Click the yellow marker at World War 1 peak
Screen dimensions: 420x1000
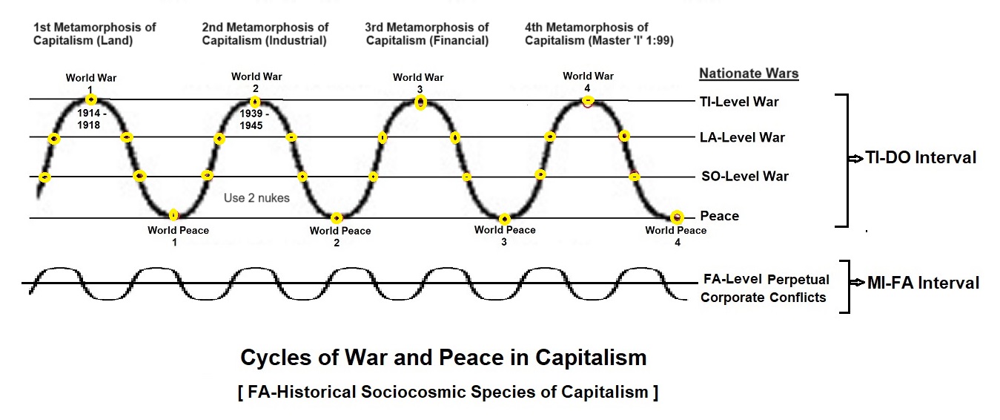tap(90, 99)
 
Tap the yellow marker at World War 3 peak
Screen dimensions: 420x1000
tap(420, 102)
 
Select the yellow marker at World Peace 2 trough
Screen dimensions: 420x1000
tap(337, 218)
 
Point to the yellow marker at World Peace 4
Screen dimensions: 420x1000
tap(676, 217)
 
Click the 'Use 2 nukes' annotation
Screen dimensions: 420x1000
tap(256, 198)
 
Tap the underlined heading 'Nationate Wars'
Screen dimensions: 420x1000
tap(749, 73)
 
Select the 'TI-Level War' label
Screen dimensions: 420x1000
tap(739, 102)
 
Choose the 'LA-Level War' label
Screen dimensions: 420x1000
tap(742, 137)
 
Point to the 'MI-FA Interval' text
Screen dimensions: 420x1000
tap(923, 283)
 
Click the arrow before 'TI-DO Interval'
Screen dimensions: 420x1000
tap(854, 158)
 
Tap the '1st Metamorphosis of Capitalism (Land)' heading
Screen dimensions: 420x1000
tap(95, 34)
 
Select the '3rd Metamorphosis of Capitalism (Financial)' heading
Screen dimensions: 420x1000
tap(426, 34)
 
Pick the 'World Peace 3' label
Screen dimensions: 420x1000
tap(504, 235)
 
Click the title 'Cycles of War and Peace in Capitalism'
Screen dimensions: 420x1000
tap(443, 358)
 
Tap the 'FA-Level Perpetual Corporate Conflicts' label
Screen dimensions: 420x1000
tap(765, 289)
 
